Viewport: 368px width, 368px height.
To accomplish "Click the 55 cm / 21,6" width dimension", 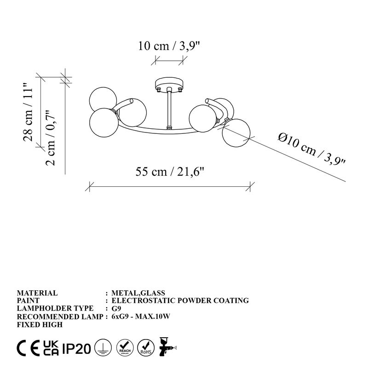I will click(x=169, y=172).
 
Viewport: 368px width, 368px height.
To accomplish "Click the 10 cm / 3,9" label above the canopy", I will click(x=169, y=46).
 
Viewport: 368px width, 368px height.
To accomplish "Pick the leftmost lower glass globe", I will click(x=102, y=124).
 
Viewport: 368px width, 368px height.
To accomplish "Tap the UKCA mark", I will click(x=51, y=348).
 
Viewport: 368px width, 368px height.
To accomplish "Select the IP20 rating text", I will click(x=76, y=348).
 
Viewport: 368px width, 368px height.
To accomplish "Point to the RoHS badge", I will click(x=147, y=348).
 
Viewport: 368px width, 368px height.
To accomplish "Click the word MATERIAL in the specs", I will click(x=37, y=293).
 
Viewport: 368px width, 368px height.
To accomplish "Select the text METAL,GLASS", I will click(x=138, y=293).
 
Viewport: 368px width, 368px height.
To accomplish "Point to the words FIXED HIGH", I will click(x=39, y=324).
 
